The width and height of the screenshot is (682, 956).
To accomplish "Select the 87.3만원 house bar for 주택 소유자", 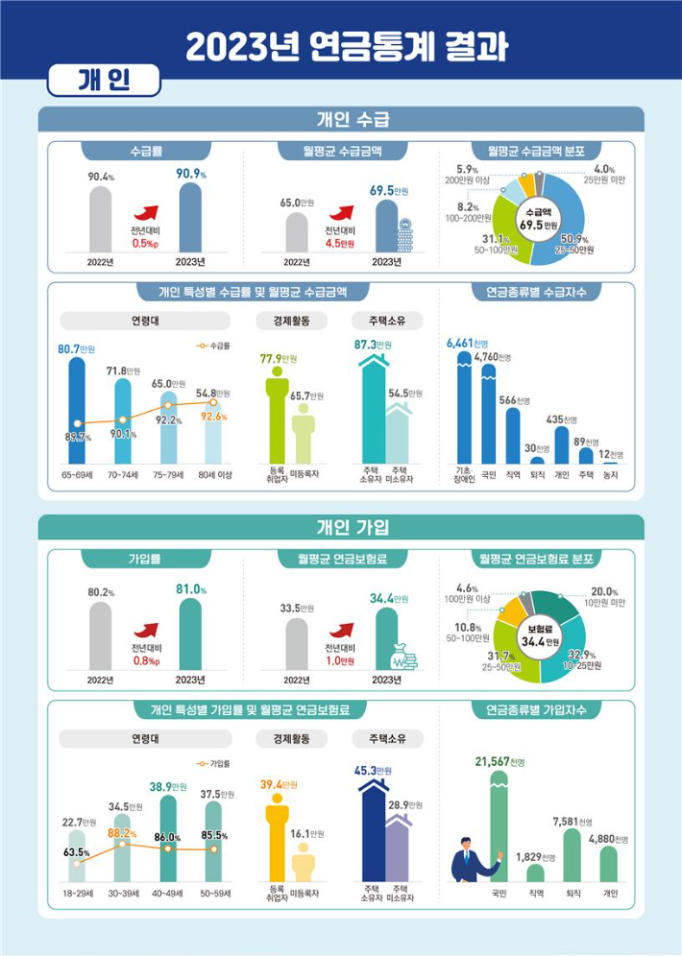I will (372, 408).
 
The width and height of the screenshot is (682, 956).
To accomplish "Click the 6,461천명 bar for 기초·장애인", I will (464, 408).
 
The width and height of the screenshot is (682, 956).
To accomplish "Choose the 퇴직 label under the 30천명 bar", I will (539, 473).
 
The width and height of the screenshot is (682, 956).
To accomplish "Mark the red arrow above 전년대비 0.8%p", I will (147, 631).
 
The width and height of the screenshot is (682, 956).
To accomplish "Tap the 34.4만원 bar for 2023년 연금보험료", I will (387, 638).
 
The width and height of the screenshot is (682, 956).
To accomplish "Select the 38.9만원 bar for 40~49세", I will (167, 839).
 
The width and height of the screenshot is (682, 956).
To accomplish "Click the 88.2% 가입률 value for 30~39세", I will (121, 833).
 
